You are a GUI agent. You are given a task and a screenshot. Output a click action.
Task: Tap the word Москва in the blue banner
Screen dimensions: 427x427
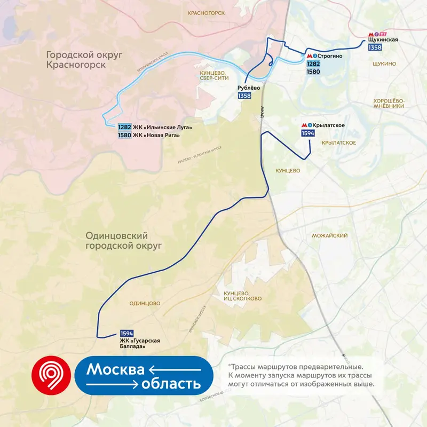pyautogui.click(x=116, y=369)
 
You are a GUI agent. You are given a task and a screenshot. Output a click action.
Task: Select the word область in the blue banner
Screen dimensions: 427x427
pyautogui.click(x=171, y=384)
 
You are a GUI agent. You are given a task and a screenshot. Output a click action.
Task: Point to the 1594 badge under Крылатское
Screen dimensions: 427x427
pyautogui.click(x=307, y=133)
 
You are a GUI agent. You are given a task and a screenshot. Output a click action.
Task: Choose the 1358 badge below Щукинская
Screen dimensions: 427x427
pyautogui.click(x=375, y=48)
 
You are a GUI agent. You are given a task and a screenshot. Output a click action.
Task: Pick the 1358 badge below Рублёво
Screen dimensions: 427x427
pyautogui.click(x=244, y=96)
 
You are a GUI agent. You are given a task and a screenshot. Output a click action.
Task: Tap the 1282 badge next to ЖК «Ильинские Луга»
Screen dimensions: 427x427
pyautogui.click(x=124, y=127)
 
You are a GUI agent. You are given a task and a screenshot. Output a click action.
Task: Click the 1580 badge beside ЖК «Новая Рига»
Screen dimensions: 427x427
pyautogui.click(x=124, y=135)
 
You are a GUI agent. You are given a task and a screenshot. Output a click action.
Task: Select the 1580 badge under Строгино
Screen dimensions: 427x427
pyautogui.click(x=313, y=72)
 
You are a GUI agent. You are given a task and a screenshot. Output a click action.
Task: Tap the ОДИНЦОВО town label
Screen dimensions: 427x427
pyautogui.click(x=145, y=303)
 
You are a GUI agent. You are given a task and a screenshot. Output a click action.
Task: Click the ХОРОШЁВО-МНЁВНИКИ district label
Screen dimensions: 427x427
pyautogui.click(x=389, y=103)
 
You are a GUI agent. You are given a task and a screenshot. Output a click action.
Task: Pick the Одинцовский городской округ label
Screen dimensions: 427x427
pyautogui.click(x=124, y=240)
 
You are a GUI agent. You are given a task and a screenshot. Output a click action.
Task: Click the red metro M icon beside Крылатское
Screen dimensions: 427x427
pyautogui.click(x=304, y=125)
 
